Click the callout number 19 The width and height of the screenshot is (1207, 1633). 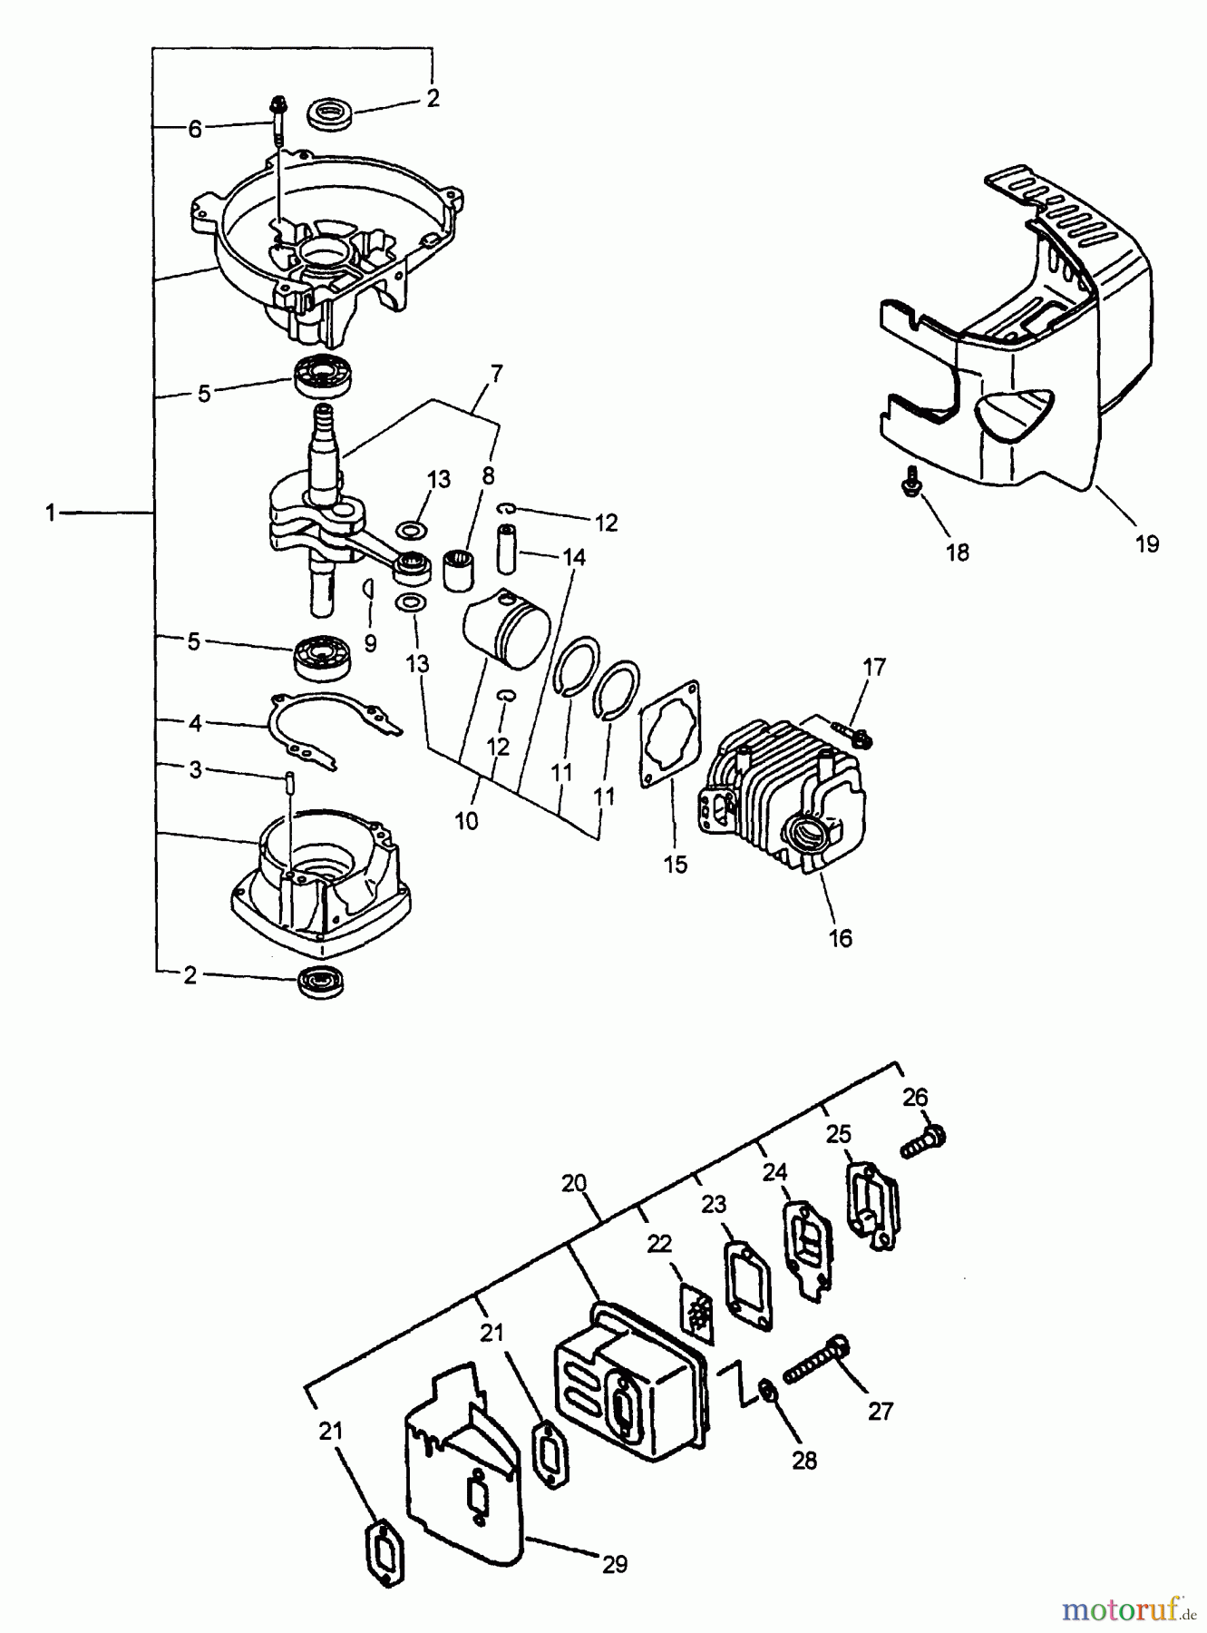pyautogui.click(x=1146, y=543)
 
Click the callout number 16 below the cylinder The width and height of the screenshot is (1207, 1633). pyautogui.click(x=841, y=938)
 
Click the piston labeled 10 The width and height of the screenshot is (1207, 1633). pyautogui.click(x=508, y=626)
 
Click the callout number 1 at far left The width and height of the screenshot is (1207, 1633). pyautogui.click(x=53, y=513)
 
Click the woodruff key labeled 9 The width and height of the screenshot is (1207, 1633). pyautogui.click(x=368, y=587)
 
